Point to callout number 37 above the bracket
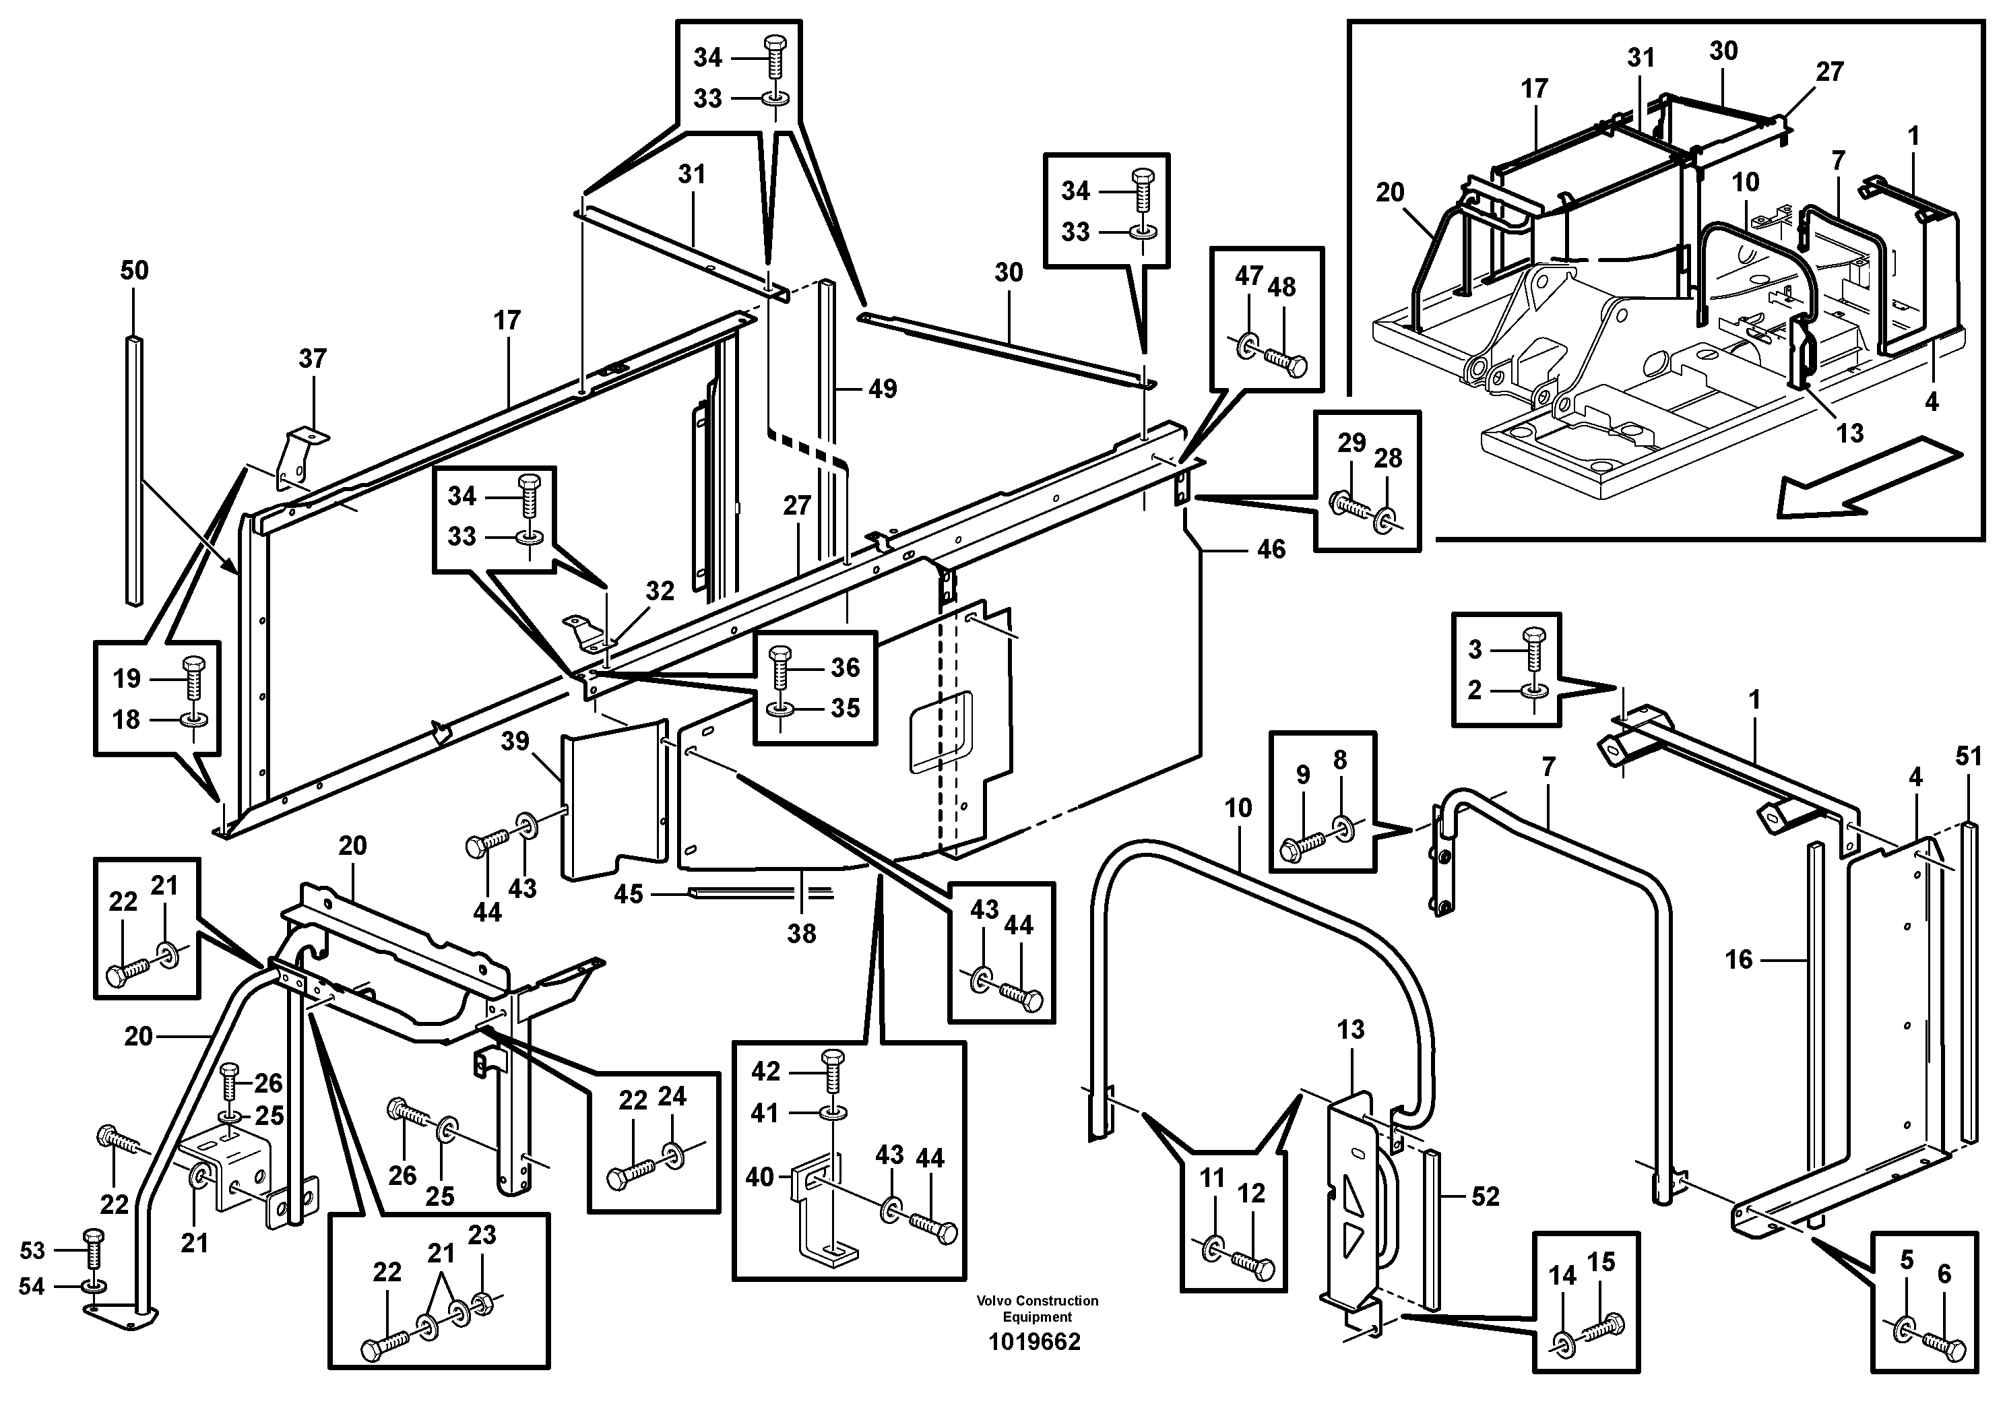(x=313, y=359)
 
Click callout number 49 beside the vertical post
(x=882, y=389)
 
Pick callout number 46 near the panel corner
(x=1271, y=549)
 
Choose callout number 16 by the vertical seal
(x=1739, y=961)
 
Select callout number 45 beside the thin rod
(x=629, y=894)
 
